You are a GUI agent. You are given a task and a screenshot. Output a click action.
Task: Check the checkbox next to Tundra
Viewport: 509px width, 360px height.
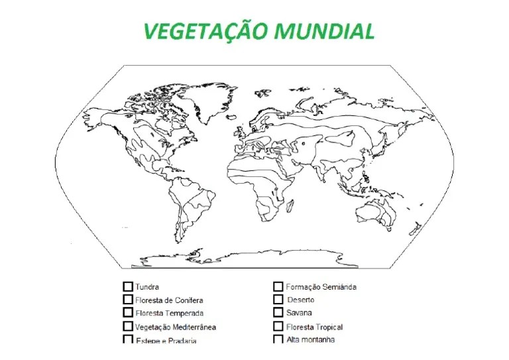click(x=128, y=287)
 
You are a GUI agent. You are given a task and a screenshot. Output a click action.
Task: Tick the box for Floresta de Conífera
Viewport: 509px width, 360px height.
click(x=128, y=300)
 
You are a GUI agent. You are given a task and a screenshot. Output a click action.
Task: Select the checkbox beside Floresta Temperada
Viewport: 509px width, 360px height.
click(x=128, y=312)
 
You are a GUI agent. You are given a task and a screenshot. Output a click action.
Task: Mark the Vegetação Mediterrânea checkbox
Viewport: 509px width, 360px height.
click(x=128, y=326)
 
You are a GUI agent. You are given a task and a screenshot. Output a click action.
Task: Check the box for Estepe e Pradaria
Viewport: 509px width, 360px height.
click(x=128, y=339)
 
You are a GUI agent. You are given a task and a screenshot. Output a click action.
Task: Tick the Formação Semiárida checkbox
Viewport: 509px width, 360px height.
click(x=278, y=287)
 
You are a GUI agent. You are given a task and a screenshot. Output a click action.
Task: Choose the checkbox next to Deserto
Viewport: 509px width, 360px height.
click(x=278, y=300)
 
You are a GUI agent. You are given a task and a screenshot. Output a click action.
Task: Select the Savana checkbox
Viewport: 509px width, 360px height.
click(x=278, y=312)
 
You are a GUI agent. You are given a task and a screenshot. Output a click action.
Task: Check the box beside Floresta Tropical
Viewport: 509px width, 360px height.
click(x=278, y=326)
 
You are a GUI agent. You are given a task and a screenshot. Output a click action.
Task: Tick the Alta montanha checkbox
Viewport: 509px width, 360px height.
click(x=278, y=339)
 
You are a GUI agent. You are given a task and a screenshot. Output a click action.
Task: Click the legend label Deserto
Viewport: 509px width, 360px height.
click(x=302, y=300)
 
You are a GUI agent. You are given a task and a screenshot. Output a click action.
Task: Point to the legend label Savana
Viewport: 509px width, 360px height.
click(x=299, y=313)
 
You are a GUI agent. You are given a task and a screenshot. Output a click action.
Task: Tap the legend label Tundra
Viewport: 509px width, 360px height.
click(x=147, y=288)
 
